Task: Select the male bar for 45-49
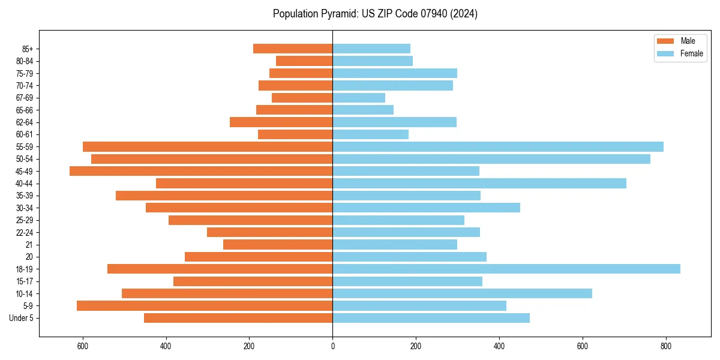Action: tap(201, 171)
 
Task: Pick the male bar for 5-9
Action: tap(205, 305)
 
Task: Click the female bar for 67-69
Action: tap(359, 98)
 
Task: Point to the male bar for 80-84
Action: tap(304, 61)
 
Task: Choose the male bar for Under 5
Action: tap(238, 318)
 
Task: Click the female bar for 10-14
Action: tap(462, 293)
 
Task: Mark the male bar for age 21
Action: tap(278, 244)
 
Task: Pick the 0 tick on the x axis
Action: tap(332, 346)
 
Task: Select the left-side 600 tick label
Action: tap(83, 346)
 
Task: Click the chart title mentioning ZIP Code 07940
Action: tap(375, 14)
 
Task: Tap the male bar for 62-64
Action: tap(281, 122)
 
